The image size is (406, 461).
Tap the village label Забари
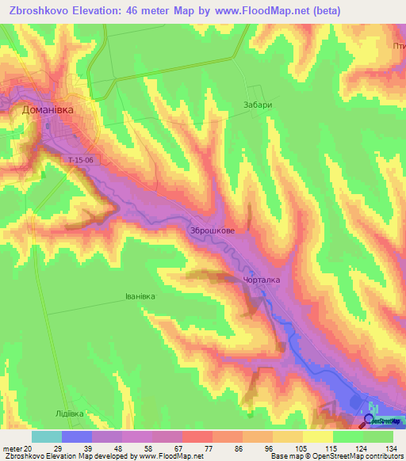tap(258, 105)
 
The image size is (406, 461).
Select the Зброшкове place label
tap(212, 230)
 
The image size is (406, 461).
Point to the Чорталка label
tap(261, 280)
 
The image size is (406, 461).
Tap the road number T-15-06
tap(81, 159)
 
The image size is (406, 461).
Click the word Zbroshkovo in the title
tap(37, 10)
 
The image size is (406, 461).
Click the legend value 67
tap(169, 448)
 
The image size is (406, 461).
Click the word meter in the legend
tap(10, 448)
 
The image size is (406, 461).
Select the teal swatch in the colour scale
tap(46, 436)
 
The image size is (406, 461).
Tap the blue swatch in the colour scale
tap(76, 436)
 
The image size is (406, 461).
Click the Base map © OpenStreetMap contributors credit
tap(336, 456)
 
